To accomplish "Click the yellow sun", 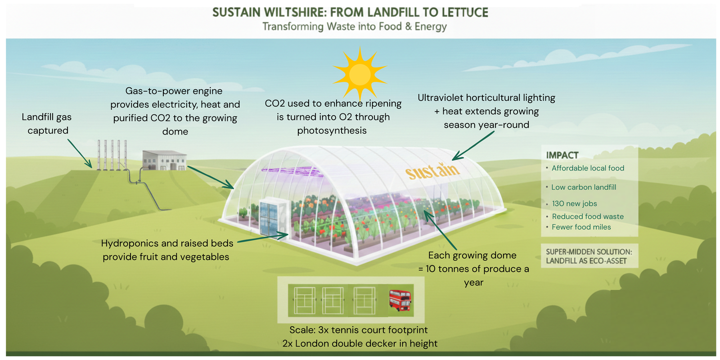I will tap(360, 74).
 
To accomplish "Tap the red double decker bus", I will tap(400, 300).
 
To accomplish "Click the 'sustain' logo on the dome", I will tap(432, 171).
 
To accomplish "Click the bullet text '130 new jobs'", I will tap(574, 204).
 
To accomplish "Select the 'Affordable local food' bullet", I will tap(588, 168).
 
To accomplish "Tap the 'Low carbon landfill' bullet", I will tap(584, 187).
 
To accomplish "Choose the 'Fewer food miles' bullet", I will tap(581, 227).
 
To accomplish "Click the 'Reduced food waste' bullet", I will tap(588, 216).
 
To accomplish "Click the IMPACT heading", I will tap(562, 155).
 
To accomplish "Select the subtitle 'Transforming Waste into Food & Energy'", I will tap(355, 27).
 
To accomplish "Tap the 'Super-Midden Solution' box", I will tap(589, 256).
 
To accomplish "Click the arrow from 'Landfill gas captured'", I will tap(80, 153).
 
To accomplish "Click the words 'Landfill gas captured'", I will tap(47, 124).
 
